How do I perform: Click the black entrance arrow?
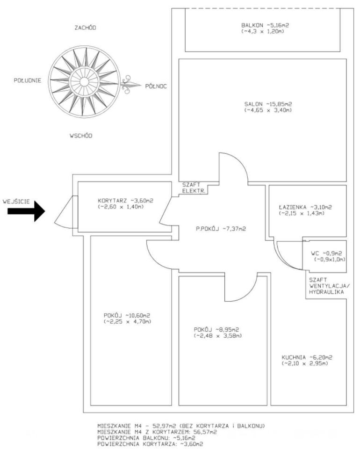pyautogui.click(x=26, y=211)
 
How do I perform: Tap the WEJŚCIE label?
pyautogui.click(x=16, y=202)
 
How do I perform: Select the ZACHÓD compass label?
pyautogui.click(x=85, y=28)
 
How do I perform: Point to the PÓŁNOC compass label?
pyautogui.click(x=156, y=86)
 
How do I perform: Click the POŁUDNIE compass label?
pyautogui.click(x=28, y=80)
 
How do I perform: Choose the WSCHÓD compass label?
pyautogui.click(x=81, y=136)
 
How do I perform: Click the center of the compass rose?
pyautogui.click(x=84, y=82)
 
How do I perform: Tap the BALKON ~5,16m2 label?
pyautogui.click(x=265, y=25)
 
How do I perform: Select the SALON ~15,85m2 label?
pyautogui.click(x=268, y=104)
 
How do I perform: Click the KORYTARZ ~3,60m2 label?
pyautogui.click(x=126, y=201)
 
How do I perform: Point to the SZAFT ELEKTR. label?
pyautogui.click(x=194, y=188)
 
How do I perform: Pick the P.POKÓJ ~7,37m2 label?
pyautogui.click(x=221, y=229)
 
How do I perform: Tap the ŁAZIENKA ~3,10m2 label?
pyautogui.click(x=305, y=207)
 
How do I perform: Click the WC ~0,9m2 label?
pyautogui.click(x=326, y=253)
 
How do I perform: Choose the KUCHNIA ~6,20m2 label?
pyautogui.click(x=307, y=357)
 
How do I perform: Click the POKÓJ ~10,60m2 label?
pyautogui.click(x=127, y=316)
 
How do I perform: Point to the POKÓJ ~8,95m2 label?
pyautogui.click(x=216, y=330)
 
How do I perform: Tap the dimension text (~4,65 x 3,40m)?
pyautogui.click(x=268, y=110)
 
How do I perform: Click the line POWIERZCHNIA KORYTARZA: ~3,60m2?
pyautogui.click(x=150, y=444)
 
